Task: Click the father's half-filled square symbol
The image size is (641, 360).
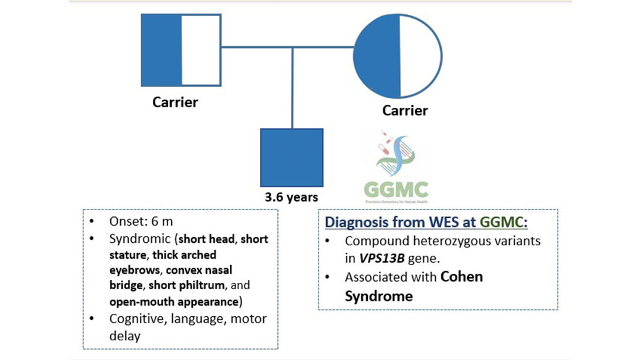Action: tap(181, 49)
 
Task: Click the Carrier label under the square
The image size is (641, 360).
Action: tap(176, 102)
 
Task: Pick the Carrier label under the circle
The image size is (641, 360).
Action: tap(405, 111)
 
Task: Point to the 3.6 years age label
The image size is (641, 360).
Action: tap(292, 197)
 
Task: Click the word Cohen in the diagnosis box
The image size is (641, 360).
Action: tap(462, 277)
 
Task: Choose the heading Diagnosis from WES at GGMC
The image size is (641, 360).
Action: tap(426, 222)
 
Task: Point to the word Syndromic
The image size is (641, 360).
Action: tap(143, 239)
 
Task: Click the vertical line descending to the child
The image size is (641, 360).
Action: tap(292, 86)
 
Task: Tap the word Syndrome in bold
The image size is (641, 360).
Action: tap(378, 296)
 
